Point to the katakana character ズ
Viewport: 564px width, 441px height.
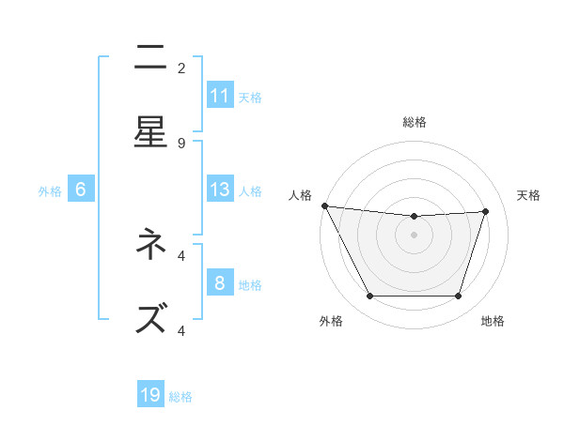[150, 319]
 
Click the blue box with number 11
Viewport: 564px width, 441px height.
[220, 96]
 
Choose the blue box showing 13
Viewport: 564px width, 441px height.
[220, 190]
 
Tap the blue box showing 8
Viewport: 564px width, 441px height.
[220, 283]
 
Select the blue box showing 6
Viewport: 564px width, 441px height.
[81, 190]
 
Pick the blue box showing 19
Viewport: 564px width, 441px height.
[150, 395]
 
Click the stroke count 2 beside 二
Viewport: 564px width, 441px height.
[181, 68]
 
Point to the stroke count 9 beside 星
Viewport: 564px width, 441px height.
[181, 143]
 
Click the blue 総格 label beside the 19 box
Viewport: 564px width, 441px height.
[180, 397]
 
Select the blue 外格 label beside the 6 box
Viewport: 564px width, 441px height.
[50, 191]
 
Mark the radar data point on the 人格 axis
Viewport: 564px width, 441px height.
[324, 205]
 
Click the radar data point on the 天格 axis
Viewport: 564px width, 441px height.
[485, 211]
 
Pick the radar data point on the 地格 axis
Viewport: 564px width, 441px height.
[458, 297]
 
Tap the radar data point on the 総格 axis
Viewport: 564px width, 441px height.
[414, 217]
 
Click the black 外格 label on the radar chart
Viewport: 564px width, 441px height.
[331, 322]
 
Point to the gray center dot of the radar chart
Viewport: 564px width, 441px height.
[414, 235]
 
